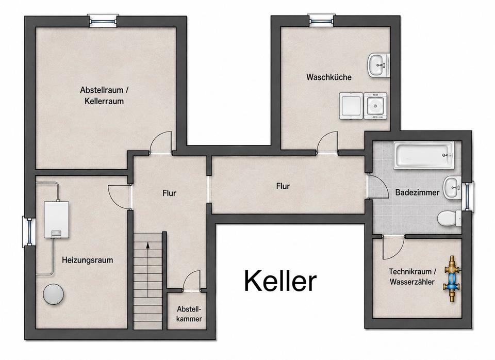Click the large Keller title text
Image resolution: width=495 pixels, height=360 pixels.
point(280,281)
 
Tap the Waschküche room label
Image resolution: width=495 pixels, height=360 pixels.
point(328,77)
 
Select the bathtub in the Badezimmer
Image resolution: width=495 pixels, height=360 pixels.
point(424,155)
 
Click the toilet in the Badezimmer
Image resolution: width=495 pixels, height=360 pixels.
point(450,218)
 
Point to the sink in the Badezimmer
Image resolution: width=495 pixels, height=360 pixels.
point(453,188)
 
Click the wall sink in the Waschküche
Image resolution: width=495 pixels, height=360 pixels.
point(378,65)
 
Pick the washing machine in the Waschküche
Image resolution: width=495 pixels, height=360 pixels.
point(351,106)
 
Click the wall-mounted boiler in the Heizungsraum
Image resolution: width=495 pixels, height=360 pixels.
point(57,220)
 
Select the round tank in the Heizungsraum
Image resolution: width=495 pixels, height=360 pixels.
point(54,294)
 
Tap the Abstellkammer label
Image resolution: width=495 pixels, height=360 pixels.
point(189,314)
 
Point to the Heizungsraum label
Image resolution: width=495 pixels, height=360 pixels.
point(88,260)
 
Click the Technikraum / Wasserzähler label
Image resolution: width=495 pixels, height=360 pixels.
point(412,276)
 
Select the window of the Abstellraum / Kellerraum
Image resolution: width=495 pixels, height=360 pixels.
point(103,21)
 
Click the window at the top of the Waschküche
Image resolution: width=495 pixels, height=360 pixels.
point(321,21)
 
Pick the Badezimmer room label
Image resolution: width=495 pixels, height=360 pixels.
point(417,192)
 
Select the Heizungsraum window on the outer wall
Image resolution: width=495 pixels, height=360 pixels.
point(29,232)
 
